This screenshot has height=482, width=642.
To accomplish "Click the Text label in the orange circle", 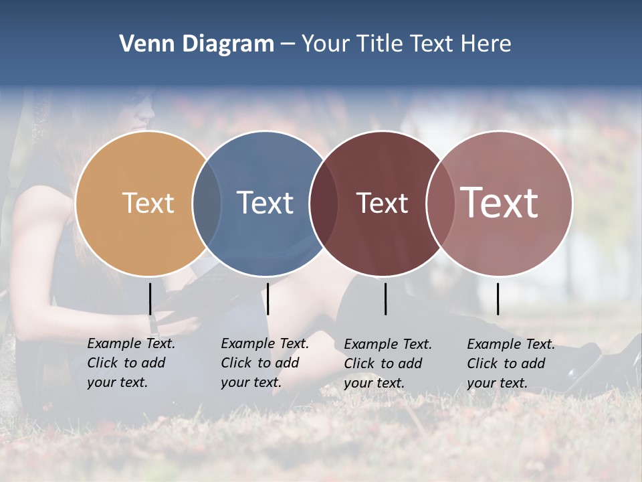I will [x=148, y=203].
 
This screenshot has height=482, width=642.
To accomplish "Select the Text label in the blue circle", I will [x=265, y=203].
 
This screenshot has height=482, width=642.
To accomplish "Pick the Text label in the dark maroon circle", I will [x=382, y=203].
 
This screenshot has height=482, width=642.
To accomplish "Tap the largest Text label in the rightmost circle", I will [x=499, y=203].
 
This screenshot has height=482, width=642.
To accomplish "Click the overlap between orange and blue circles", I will [x=207, y=203].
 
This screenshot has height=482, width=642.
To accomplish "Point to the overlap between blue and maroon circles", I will [x=324, y=203].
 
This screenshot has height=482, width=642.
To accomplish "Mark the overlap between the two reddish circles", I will [x=440, y=203].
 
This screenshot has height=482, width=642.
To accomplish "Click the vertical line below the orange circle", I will [x=150, y=299].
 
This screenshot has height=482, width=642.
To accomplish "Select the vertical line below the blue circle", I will [x=267, y=299].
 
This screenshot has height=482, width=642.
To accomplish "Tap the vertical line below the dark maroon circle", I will [x=386, y=299].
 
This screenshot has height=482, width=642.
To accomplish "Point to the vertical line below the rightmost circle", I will [x=498, y=299].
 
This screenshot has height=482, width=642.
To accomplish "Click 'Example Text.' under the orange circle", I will [x=131, y=343].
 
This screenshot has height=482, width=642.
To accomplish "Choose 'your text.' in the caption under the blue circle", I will [x=251, y=382].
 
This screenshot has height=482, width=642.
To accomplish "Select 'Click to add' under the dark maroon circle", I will [x=383, y=364].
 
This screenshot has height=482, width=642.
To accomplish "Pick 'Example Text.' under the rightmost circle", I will [x=511, y=344].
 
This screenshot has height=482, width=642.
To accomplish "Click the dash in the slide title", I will [x=288, y=45].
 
